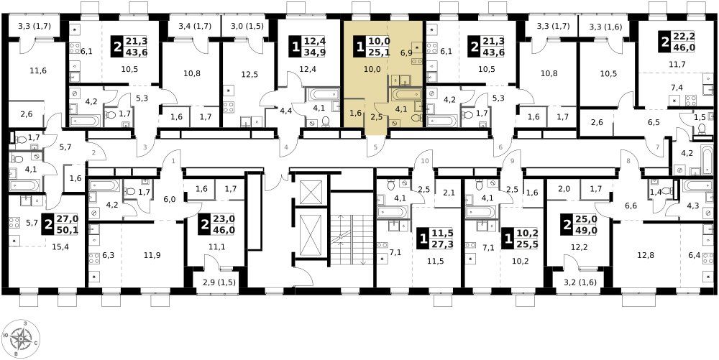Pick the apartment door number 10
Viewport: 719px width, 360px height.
point(425,161)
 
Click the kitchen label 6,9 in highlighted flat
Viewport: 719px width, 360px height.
point(406,53)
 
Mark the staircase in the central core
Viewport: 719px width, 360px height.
point(352,239)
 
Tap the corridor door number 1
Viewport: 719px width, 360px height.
point(174,161)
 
